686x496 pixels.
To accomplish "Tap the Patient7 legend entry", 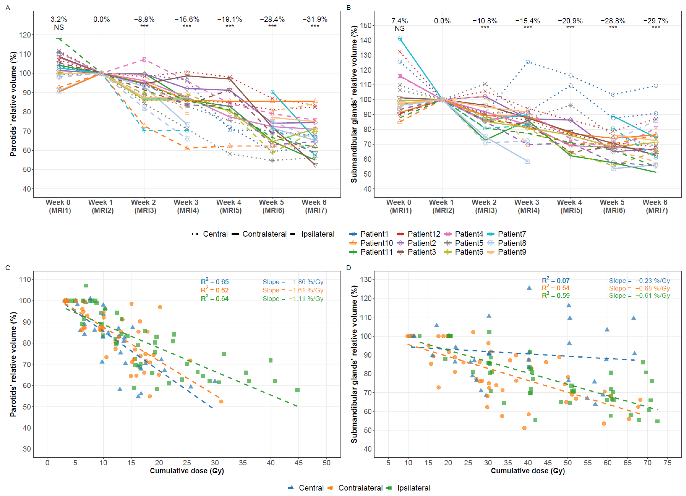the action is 507,234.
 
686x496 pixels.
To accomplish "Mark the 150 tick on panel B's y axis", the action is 366,25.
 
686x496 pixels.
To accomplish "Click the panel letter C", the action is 8,268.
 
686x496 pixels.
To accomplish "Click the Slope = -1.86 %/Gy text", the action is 293,282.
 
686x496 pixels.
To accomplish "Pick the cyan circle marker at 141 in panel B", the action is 400,38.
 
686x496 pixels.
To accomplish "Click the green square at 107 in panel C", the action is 86,285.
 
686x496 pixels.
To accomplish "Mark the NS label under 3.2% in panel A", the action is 59,27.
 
